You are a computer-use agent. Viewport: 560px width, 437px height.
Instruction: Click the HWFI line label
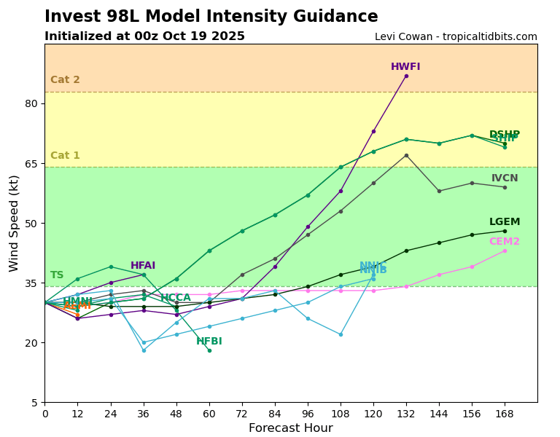coord(405,67)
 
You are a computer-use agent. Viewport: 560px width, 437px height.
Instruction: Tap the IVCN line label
coord(505,178)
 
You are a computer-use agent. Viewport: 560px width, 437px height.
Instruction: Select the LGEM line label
coord(505,222)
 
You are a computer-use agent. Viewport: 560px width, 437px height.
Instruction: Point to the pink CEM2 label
coord(505,242)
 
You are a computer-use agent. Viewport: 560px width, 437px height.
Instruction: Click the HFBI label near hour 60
coord(209,342)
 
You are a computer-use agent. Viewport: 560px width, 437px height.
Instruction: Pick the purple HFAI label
coord(143,266)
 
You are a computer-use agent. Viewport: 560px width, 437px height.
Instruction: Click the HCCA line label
coord(176,298)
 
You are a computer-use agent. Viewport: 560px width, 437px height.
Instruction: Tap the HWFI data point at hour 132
coord(406,76)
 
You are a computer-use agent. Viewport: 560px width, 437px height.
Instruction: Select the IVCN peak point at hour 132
coord(406,155)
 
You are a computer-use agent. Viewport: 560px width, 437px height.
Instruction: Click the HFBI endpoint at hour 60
coord(209,350)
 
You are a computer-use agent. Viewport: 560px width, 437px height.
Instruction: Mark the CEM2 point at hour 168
coord(505,251)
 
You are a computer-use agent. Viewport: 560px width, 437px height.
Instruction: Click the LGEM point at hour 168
coord(505,231)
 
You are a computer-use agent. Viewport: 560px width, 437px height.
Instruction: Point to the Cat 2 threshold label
coord(65,80)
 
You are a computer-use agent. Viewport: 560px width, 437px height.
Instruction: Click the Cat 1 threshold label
coord(65,156)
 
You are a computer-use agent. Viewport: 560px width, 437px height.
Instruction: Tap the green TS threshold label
coord(57,275)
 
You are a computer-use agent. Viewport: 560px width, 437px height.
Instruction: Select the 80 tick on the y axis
coord(31,103)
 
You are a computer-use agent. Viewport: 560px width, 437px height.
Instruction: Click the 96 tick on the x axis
coord(308,414)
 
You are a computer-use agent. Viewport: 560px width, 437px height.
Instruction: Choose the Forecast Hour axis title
coord(290,428)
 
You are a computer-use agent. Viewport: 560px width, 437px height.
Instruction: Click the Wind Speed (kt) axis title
coord(15,223)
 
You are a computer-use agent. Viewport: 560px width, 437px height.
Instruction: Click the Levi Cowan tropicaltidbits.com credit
coord(456,37)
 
